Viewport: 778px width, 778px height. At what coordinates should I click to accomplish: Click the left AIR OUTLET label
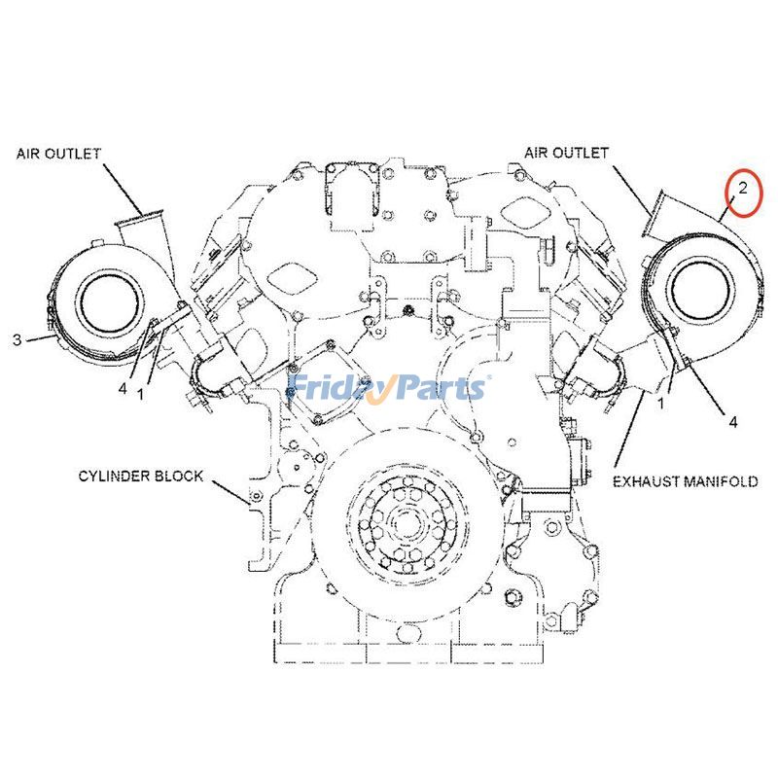(x=58, y=153)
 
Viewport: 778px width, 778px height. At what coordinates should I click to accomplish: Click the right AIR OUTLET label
(x=566, y=153)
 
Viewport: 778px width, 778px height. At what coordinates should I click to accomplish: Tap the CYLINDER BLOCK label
(x=142, y=476)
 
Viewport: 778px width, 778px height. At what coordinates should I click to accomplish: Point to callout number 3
(x=17, y=339)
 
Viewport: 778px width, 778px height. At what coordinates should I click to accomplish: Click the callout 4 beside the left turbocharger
(x=123, y=387)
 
